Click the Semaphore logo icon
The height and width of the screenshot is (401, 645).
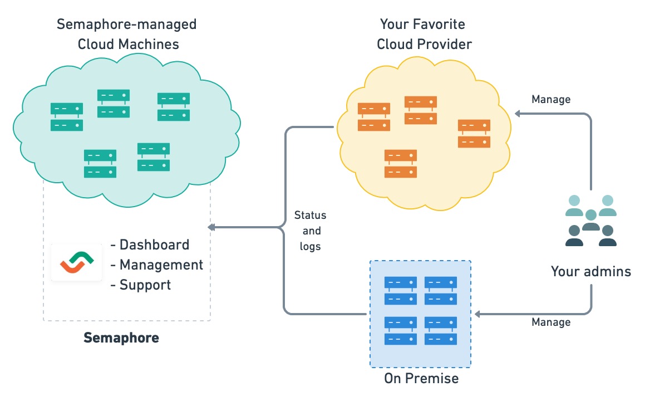(x=77, y=262)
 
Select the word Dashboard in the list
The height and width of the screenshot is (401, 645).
(x=154, y=244)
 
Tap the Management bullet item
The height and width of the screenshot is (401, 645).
(x=161, y=265)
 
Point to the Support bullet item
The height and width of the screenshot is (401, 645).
(x=145, y=285)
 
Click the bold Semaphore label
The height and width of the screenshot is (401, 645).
(x=121, y=338)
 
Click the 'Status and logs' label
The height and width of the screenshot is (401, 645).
(x=310, y=231)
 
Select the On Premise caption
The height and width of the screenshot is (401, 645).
(x=421, y=379)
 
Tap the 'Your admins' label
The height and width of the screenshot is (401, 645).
(x=590, y=271)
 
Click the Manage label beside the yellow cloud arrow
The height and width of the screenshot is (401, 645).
(x=551, y=100)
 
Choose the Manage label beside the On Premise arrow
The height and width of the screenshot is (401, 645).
(x=551, y=322)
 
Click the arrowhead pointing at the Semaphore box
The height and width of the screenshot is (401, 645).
(x=211, y=227)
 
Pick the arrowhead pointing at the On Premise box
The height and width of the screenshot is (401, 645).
(x=477, y=314)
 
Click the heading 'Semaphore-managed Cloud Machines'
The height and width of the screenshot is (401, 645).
(x=127, y=34)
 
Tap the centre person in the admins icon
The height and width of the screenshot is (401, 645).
(x=590, y=219)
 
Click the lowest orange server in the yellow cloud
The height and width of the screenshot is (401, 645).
(x=400, y=164)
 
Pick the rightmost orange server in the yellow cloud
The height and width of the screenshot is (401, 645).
(x=474, y=134)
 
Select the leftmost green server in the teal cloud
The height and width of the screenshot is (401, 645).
(x=67, y=117)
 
